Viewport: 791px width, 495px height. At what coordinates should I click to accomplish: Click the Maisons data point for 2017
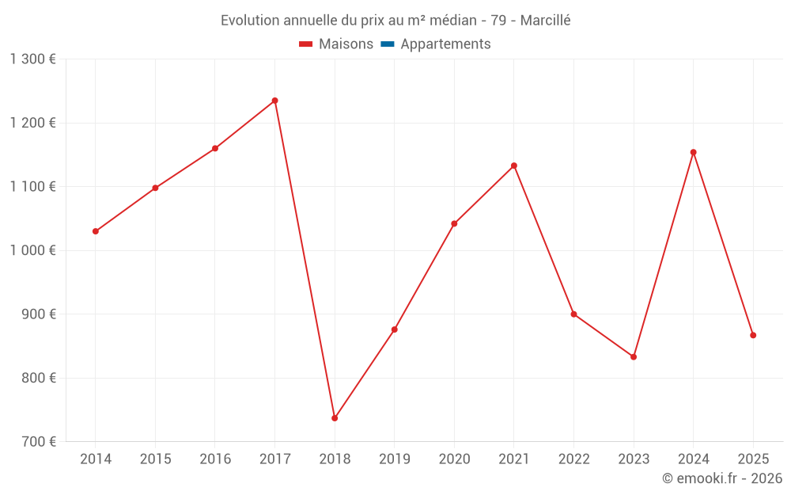click(x=274, y=101)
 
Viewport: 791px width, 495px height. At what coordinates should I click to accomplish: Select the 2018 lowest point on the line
click(x=335, y=418)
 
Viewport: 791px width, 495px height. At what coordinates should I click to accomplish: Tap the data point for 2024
click(x=693, y=152)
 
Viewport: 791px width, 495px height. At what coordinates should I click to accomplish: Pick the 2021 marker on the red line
click(x=513, y=166)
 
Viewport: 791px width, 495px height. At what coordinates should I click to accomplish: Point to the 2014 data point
click(x=96, y=231)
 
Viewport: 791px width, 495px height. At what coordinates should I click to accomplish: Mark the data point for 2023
click(x=634, y=356)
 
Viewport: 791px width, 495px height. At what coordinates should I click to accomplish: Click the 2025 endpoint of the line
click(x=753, y=335)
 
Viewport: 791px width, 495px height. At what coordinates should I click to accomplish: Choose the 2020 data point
click(x=454, y=223)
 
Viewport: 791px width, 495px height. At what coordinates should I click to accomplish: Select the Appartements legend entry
click(x=445, y=44)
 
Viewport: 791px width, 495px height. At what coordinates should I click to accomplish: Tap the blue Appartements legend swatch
click(x=387, y=44)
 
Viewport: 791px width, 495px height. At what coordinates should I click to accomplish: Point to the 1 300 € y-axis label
click(x=32, y=59)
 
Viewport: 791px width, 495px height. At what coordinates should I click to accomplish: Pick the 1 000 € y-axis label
click(x=32, y=250)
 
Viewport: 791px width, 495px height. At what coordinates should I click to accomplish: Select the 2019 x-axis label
click(x=394, y=459)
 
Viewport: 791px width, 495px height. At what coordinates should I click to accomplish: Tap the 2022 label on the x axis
click(x=573, y=459)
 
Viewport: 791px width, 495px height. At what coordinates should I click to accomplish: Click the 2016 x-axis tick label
click(x=215, y=459)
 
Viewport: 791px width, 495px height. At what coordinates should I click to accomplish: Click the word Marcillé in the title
click(x=545, y=21)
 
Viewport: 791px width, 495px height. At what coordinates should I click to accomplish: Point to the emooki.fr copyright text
click(x=722, y=478)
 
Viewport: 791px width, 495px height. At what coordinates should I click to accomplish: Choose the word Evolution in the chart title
click(x=249, y=21)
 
